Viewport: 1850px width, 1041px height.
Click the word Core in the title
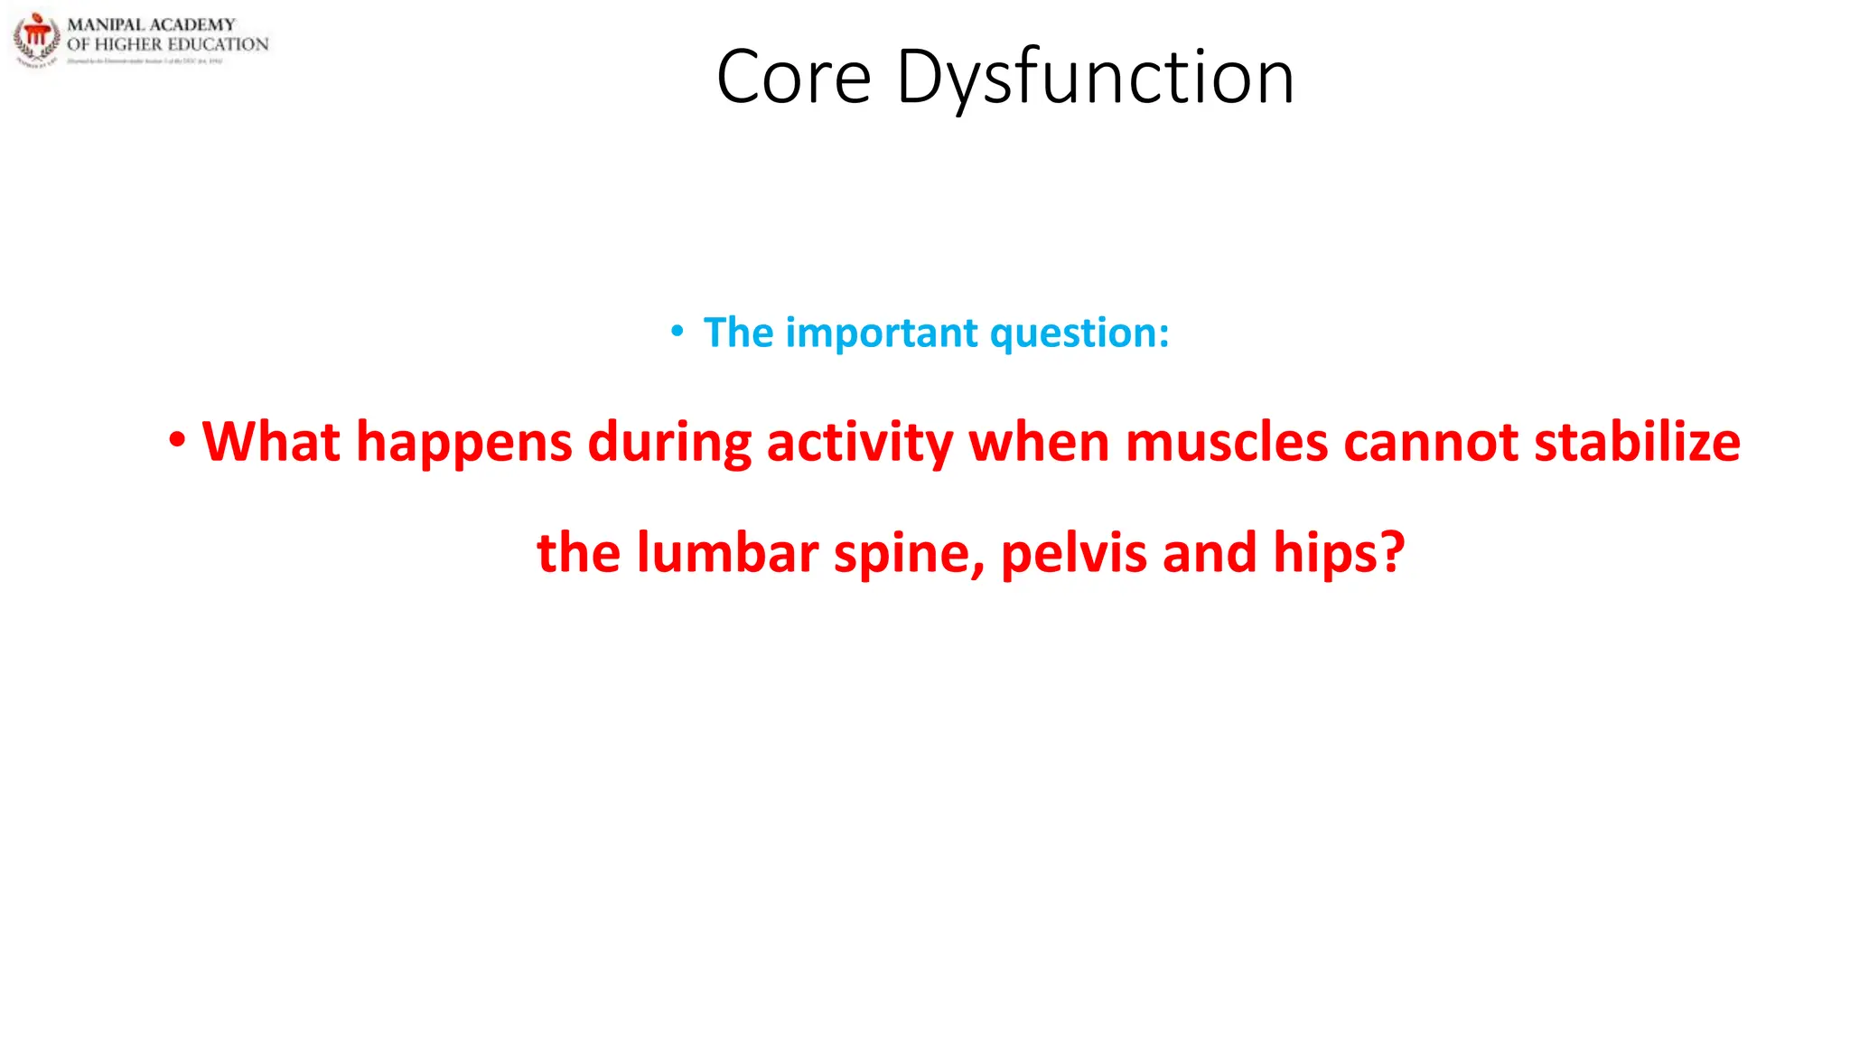tap(793, 78)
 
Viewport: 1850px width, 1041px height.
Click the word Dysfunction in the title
tap(1095, 78)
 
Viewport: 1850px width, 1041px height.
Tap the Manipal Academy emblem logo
tap(36, 39)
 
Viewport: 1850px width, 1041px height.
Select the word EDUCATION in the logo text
tap(218, 44)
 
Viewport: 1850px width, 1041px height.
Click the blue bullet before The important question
tap(677, 333)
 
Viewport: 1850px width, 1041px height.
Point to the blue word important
tap(882, 333)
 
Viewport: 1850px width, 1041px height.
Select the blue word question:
tap(1079, 333)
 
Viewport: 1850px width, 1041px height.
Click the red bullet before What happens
tap(177, 441)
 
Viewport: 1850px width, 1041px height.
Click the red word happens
tap(464, 443)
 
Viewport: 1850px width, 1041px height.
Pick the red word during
tap(669, 443)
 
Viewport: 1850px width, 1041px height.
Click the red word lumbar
tap(727, 552)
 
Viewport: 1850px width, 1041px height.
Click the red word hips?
tap(1339, 552)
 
